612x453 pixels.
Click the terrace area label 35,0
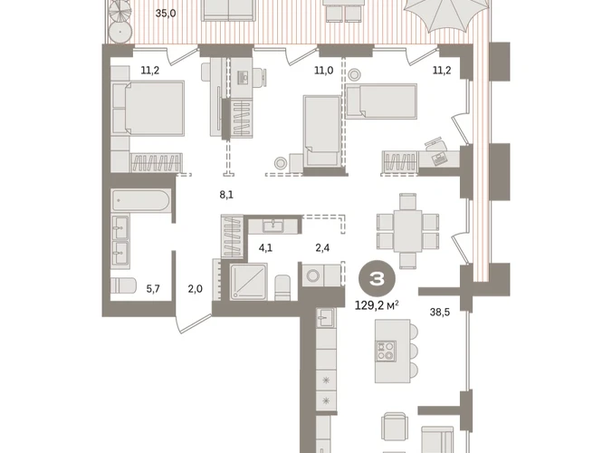coord(166,14)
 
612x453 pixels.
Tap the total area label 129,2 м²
coord(377,305)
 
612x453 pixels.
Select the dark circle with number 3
coord(377,279)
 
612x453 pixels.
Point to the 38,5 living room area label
coord(440,312)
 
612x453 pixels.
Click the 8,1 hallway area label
coord(226,195)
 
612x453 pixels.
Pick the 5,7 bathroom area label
coord(153,289)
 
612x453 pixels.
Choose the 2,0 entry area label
coord(196,289)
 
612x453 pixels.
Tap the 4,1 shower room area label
coord(266,247)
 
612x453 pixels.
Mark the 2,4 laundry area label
coord(322,247)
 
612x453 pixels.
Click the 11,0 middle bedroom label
coord(324,71)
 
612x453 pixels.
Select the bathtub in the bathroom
coord(141,201)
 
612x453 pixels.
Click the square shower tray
coord(249,282)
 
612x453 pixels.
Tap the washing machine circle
coord(313,275)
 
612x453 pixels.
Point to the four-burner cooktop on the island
coord(386,351)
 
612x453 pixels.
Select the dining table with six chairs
coord(408,231)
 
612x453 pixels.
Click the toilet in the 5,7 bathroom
coord(123,286)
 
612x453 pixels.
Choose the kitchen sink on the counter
coord(325,317)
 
